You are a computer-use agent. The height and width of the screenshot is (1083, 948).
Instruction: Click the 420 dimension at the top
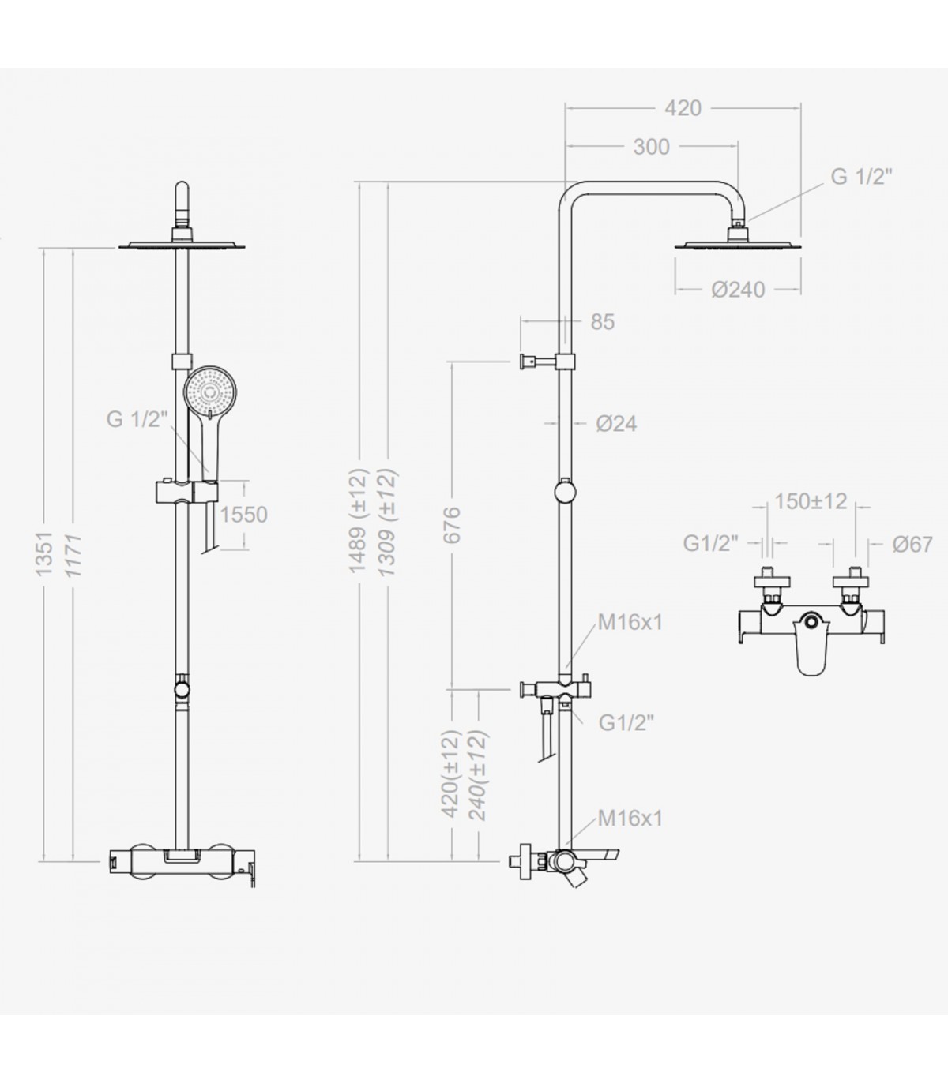pos(683,108)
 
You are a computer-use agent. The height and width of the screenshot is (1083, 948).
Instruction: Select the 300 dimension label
pos(652,147)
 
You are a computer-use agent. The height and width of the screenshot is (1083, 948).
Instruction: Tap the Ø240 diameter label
pos(739,290)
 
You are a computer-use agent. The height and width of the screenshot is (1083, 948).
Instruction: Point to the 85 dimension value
pos(603,322)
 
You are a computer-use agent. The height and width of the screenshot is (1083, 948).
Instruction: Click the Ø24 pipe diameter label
pos(616,423)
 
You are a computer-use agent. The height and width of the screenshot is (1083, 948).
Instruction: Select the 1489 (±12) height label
pos(358,520)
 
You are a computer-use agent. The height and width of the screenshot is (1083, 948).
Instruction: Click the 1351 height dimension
pos(44,553)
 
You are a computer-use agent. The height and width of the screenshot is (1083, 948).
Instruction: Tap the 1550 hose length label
pos(243,515)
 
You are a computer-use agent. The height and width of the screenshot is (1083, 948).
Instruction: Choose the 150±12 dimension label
pos(811,501)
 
